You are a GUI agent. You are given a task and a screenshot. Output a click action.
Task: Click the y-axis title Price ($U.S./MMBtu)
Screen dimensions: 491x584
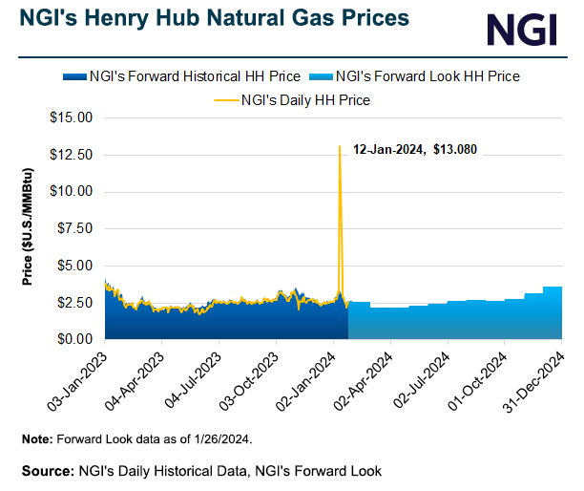click(x=28, y=229)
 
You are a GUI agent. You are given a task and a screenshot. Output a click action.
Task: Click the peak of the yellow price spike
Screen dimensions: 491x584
click(x=340, y=146)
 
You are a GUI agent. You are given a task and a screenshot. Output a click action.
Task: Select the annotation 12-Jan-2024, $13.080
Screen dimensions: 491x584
click(x=415, y=150)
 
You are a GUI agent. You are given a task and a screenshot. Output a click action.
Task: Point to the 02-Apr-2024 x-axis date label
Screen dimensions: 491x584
click(x=366, y=378)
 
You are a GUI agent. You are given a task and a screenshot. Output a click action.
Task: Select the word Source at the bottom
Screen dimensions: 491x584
click(x=48, y=470)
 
